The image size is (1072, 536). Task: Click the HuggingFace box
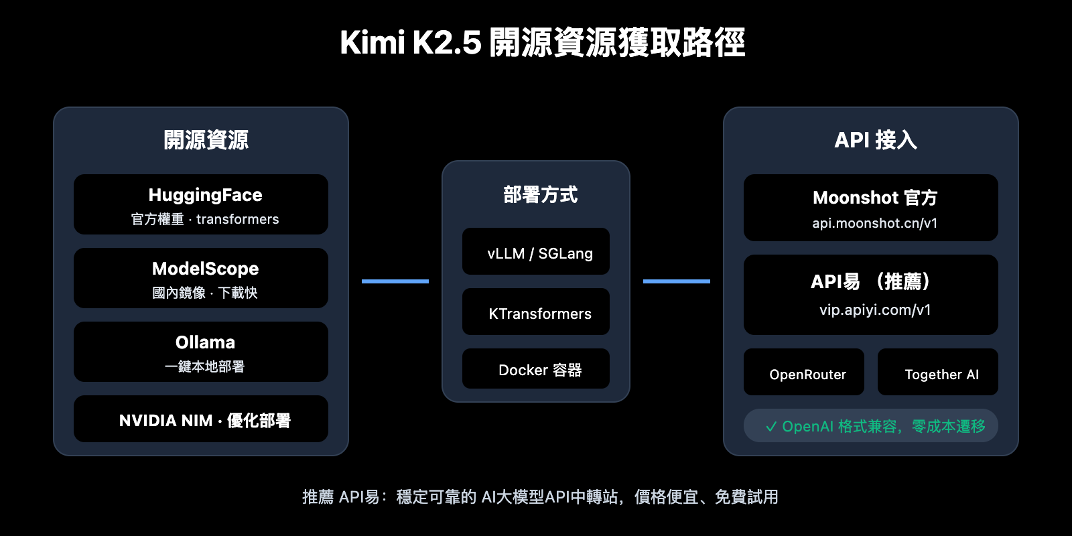[x=201, y=204]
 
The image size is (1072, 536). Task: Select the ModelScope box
[x=201, y=278]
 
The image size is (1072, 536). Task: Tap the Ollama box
[x=201, y=352]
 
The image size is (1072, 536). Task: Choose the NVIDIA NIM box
[x=201, y=419]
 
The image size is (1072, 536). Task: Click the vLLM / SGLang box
[x=536, y=252]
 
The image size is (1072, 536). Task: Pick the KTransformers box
[x=536, y=312]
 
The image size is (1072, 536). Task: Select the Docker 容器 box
[x=536, y=369]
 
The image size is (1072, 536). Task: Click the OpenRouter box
[x=804, y=373]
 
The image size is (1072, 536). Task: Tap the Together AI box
[x=938, y=373]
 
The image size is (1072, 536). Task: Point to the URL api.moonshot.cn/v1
[x=874, y=223]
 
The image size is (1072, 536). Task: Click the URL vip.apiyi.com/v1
[x=874, y=310]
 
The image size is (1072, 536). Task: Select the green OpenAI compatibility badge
[x=871, y=426]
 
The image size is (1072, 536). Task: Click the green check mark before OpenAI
[x=771, y=427]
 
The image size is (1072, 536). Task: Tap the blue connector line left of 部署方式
[x=395, y=281]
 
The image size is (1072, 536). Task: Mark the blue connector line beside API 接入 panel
[x=677, y=281]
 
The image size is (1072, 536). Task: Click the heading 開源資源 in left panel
[x=206, y=140]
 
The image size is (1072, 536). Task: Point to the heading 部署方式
[x=540, y=195]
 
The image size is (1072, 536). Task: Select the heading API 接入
[x=875, y=140]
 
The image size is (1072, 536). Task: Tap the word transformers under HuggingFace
[x=237, y=219]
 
